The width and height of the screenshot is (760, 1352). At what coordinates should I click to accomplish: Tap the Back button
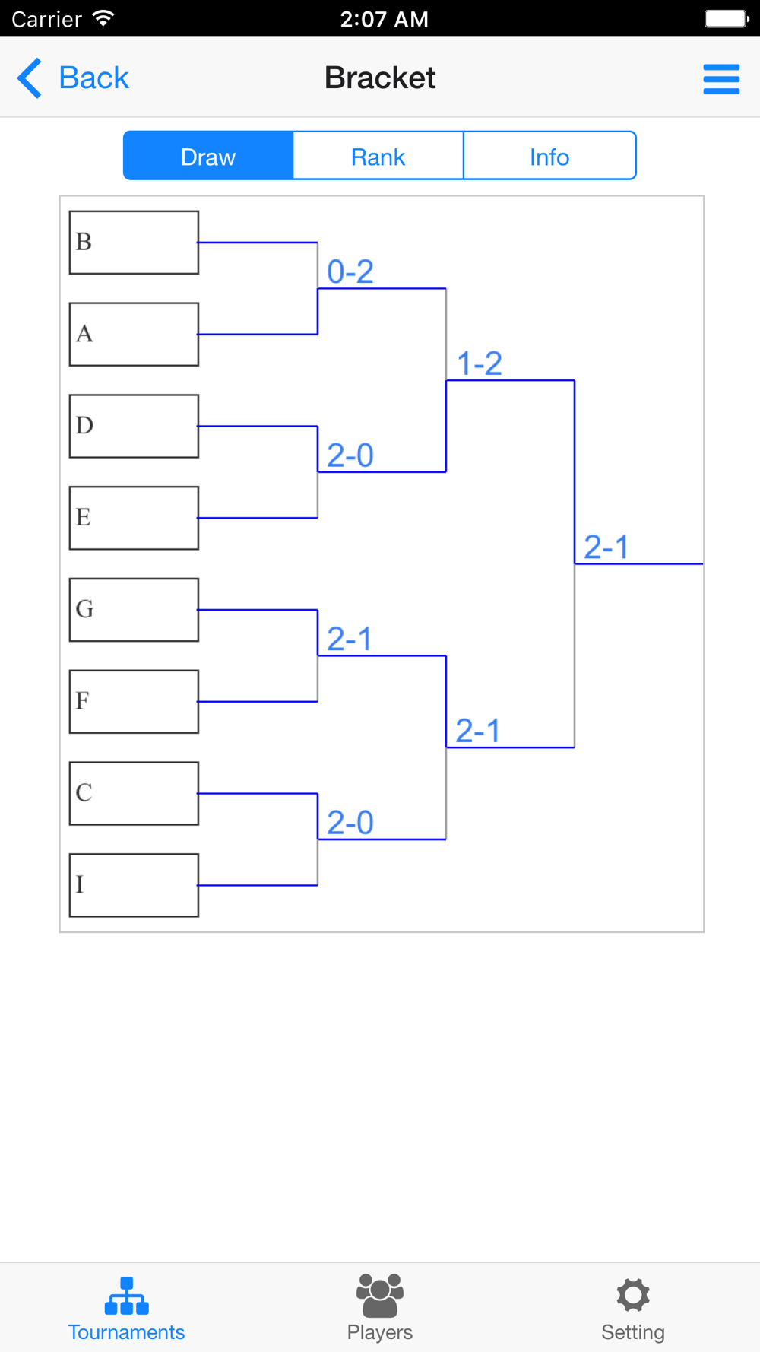(x=73, y=78)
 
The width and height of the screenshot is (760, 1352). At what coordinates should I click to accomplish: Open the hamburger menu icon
(x=721, y=79)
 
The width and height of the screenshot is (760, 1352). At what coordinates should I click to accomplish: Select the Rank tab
(x=378, y=156)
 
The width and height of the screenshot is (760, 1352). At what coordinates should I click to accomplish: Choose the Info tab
(x=549, y=156)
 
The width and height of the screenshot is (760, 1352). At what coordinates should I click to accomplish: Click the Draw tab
(x=208, y=156)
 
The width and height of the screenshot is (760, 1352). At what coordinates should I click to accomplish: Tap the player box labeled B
(x=134, y=243)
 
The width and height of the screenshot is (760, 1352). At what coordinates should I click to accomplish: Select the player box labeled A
(x=134, y=335)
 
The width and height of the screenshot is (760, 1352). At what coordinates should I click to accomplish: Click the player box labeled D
(x=134, y=426)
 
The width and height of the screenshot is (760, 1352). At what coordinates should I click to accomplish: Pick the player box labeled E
(x=134, y=518)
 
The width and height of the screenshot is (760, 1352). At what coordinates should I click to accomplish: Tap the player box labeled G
(x=134, y=610)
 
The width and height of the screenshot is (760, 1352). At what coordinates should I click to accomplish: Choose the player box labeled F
(x=134, y=702)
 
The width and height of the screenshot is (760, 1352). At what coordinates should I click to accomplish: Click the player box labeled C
(x=134, y=793)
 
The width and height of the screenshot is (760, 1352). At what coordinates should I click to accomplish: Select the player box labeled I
(x=134, y=885)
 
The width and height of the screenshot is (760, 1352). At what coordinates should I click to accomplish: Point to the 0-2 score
(x=350, y=271)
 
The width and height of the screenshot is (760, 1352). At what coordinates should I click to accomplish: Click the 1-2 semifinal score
(x=479, y=363)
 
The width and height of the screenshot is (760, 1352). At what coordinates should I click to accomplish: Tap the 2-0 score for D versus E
(x=350, y=455)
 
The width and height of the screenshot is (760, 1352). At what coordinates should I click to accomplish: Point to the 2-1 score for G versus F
(x=350, y=639)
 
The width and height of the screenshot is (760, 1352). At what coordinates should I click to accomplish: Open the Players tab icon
(x=380, y=1295)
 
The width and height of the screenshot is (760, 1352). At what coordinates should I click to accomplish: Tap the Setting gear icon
(x=633, y=1295)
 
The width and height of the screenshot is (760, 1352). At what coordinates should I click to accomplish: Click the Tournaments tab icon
(x=126, y=1296)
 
